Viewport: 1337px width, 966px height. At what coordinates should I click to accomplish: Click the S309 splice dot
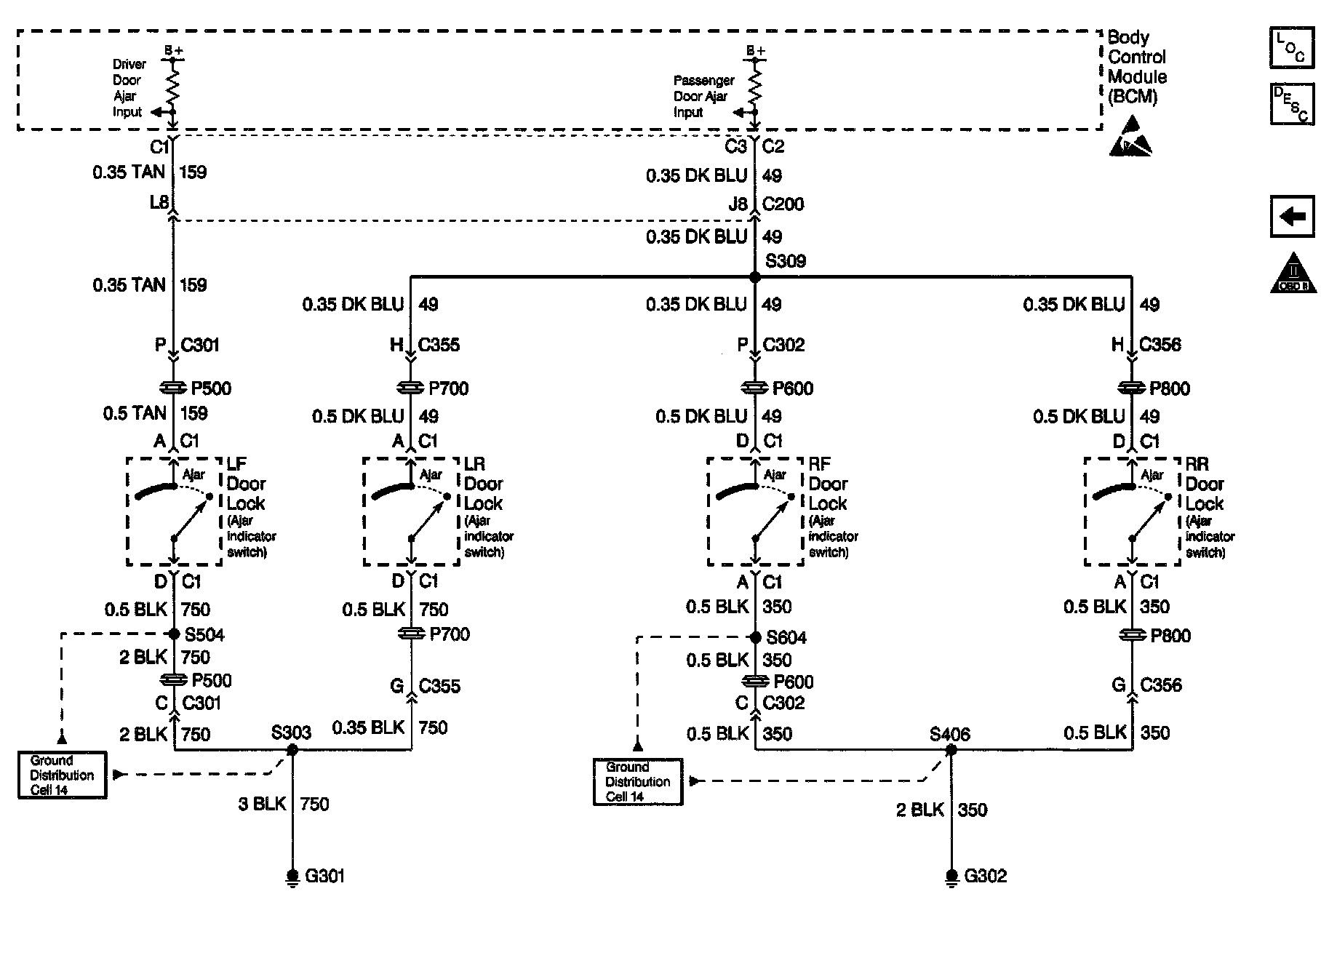(x=755, y=277)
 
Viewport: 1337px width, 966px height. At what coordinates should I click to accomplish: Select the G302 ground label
(x=985, y=876)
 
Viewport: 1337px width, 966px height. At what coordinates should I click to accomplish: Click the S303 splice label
(x=291, y=732)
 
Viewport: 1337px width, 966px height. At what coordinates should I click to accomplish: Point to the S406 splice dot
(x=951, y=750)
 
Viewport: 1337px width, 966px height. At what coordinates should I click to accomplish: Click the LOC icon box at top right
(x=1291, y=48)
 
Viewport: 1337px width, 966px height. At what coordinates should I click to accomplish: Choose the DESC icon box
(x=1291, y=104)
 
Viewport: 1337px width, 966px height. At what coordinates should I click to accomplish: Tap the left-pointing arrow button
(x=1292, y=216)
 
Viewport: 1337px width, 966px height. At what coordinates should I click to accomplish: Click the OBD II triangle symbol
(x=1293, y=274)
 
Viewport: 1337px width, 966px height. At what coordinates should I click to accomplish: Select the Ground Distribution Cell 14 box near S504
(x=63, y=775)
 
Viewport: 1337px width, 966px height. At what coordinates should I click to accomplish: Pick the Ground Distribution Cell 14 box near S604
(x=638, y=782)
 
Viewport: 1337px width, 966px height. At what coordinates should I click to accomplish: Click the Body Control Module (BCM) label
(x=1136, y=67)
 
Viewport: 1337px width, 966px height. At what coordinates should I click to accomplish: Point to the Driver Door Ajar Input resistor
(x=173, y=86)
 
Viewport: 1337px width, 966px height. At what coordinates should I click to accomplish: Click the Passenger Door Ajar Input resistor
(x=755, y=86)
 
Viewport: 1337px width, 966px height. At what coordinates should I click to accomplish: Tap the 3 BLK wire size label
(x=262, y=804)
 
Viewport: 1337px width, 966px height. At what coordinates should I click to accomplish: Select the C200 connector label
(x=783, y=204)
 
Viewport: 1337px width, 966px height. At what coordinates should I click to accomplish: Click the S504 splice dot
(x=174, y=634)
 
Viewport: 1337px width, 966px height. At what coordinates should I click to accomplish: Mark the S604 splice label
(x=786, y=638)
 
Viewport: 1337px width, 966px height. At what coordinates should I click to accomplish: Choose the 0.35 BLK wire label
(x=368, y=727)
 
